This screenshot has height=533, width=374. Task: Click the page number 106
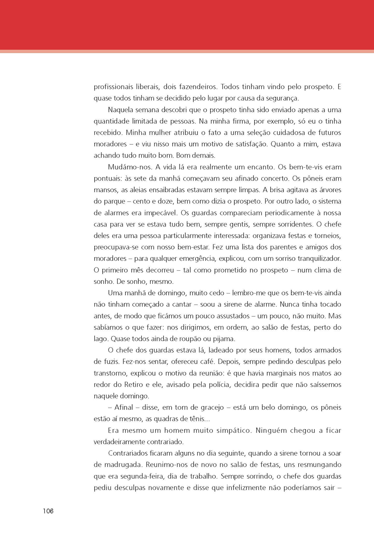(x=48, y=511)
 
